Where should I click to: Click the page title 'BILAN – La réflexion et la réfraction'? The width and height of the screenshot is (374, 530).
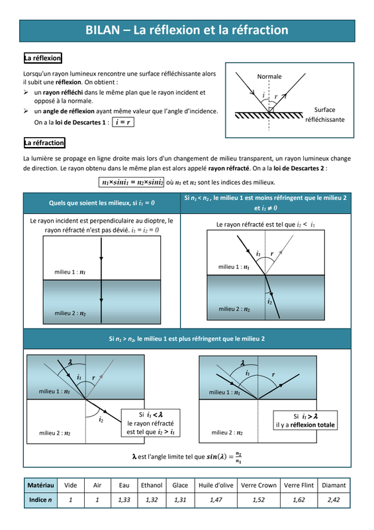(187, 30)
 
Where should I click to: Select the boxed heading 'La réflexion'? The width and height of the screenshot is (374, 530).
(42, 58)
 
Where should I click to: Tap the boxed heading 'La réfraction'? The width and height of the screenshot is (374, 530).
(44, 142)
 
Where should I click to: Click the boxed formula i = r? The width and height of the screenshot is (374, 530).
(123, 122)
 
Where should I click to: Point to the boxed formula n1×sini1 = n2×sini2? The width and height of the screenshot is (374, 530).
(132, 182)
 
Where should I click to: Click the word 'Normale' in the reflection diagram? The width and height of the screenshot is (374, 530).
(269, 77)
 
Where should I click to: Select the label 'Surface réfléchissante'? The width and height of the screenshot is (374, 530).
(324, 115)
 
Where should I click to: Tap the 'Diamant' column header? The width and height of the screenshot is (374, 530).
(334, 486)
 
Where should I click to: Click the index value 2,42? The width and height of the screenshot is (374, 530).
(334, 500)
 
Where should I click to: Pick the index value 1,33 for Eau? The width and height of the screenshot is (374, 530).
(124, 500)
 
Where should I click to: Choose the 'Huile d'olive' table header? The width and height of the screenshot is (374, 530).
(216, 486)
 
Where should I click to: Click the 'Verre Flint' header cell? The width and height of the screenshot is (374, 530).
(299, 486)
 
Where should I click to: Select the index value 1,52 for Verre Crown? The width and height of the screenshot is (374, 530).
(258, 500)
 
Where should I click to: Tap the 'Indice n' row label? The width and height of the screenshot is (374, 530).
(40, 500)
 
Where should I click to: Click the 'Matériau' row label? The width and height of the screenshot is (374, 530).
(40, 486)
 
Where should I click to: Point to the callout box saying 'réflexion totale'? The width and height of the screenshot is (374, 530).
(305, 421)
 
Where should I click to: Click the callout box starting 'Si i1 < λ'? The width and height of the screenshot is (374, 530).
(151, 423)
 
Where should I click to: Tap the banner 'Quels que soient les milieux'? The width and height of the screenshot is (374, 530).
(102, 203)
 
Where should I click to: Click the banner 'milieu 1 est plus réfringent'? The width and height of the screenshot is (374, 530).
(187, 339)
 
